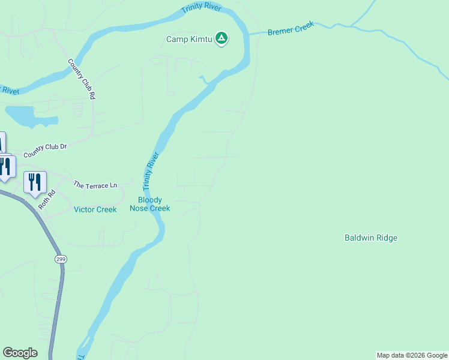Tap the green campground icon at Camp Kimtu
(x=221, y=39)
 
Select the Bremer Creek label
(x=291, y=30)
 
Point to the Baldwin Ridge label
(x=370, y=238)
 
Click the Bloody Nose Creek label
(x=150, y=204)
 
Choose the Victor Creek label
(x=95, y=209)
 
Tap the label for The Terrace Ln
(x=95, y=185)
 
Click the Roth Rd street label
(x=47, y=199)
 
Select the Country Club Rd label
(x=82, y=79)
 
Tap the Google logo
(x=20, y=353)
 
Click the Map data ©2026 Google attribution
(x=412, y=355)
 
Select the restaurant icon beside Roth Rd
(x=35, y=181)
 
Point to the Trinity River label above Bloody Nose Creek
(x=151, y=171)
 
